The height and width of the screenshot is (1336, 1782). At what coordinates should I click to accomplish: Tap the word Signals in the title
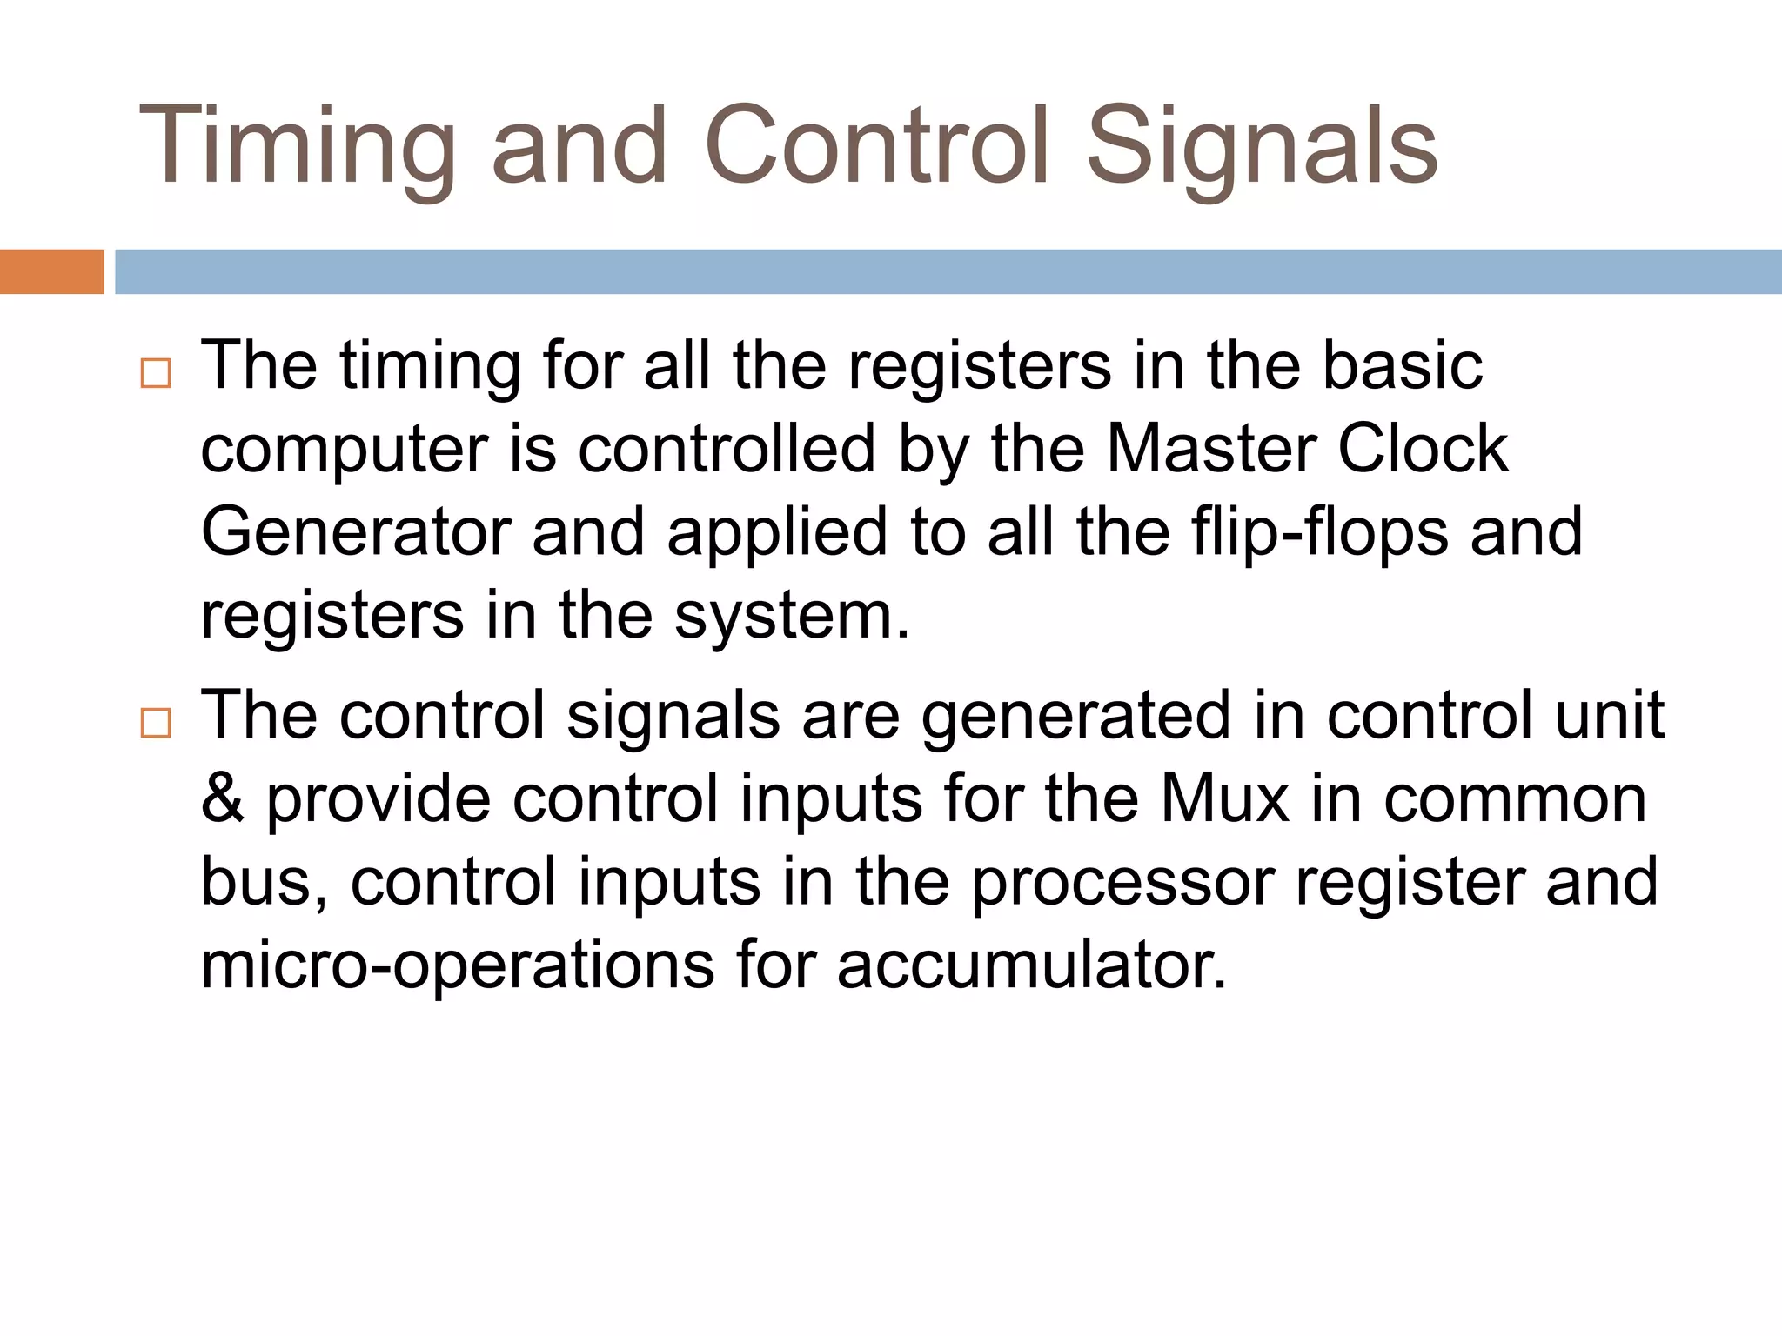(1262, 146)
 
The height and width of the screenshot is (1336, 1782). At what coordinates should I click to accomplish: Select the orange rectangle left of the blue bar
(51, 271)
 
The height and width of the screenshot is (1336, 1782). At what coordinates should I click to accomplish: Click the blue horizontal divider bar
(948, 271)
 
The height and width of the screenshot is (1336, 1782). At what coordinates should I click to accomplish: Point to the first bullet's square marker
(156, 373)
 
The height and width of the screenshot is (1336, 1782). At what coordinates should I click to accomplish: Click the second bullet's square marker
(156, 723)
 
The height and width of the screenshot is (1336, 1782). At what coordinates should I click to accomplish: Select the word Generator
(356, 532)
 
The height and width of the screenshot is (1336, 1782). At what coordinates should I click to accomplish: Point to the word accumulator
(1032, 965)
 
